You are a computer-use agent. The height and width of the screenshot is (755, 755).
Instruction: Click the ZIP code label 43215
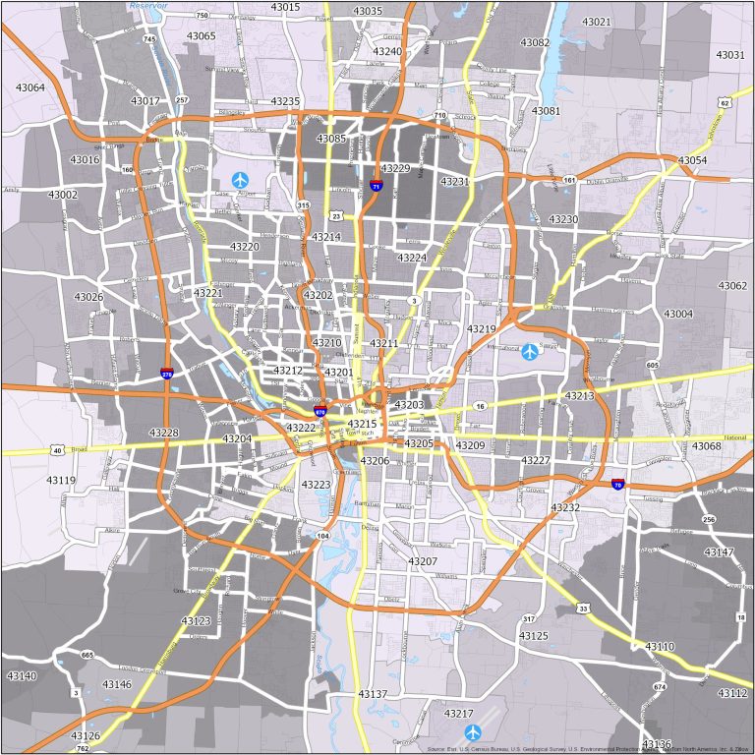click(362, 424)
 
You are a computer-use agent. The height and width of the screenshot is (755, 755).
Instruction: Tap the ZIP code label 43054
click(692, 160)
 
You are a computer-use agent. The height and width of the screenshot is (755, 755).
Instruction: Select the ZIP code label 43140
click(22, 676)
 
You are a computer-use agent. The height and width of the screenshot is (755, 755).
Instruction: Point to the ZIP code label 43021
click(596, 22)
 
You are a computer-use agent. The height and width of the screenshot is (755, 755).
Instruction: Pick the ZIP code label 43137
click(373, 694)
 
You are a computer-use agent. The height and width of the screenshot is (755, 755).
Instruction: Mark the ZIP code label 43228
click(164, 433)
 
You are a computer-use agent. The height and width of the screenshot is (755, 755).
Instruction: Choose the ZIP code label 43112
click(732, 693)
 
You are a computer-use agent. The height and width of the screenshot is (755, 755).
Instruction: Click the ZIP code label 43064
click(30, 87)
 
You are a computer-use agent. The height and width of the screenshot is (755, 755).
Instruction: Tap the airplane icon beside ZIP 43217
click(473, 732)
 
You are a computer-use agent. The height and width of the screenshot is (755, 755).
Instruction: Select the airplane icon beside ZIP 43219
click(531, 351)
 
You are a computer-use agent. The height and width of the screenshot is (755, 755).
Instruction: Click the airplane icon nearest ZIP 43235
click(241, 180)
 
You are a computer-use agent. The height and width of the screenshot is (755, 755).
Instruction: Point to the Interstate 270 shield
click(168, 374)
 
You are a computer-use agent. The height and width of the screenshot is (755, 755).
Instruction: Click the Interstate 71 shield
click(377, 185)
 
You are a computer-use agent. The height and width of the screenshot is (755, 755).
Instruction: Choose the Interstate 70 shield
click(617, 484)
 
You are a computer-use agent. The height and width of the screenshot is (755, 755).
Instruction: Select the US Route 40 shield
click(58, 451)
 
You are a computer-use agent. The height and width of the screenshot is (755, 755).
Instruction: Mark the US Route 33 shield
click(584, 610)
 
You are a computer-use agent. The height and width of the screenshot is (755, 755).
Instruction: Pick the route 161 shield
click(570, 179)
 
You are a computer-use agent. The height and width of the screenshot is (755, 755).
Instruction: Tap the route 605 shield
click(652, 366)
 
